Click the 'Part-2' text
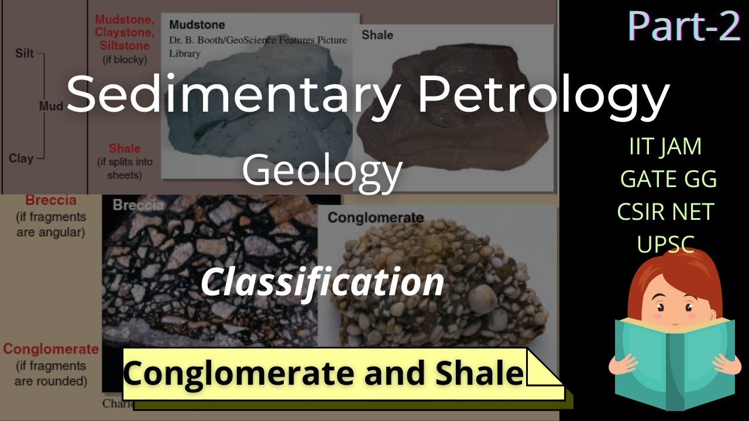[x=683, y=26]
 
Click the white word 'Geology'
[x=322, y=170]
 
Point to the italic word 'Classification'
[x=322, y=282]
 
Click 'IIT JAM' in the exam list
[x=665, y=146]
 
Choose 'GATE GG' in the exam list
[x=668, y=179]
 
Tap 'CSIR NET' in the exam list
[x=665, y=211]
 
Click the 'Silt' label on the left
[x=25, y=54]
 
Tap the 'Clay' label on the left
[x=21, y=158]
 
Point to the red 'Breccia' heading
[x=51, y=201]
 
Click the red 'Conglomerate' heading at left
[x=51, y=349]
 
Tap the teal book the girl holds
[x=673, y=363]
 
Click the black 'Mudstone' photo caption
[x=197, y=25]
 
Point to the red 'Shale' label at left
[x=124, y=149]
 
